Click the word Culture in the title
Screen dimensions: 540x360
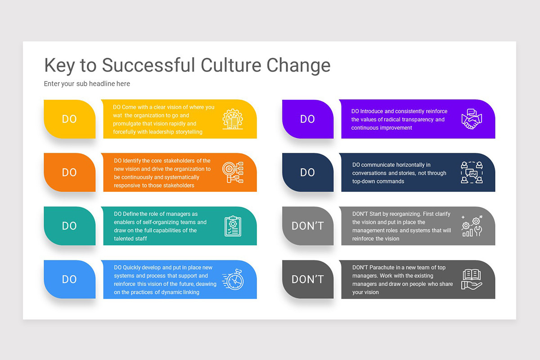coord(231,65)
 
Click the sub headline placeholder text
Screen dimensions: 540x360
coord(87,84)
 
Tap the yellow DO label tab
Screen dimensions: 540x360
coord(70,119)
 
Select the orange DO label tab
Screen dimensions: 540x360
coord(70,172)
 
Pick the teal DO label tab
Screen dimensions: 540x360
coord(70,226)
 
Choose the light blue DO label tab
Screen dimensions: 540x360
coord(70,279)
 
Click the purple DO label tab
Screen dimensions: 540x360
coord(308,119)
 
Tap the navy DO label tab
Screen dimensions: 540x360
coord(308,172)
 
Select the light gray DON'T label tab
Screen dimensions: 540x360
coord(308,226)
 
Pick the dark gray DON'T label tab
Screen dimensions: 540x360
coord(308,279)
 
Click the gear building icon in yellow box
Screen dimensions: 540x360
coord(233,119)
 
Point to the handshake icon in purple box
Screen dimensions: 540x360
coord(472,119)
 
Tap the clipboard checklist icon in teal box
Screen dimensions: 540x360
coord(233,226)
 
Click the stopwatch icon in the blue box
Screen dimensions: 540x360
coord(233,279)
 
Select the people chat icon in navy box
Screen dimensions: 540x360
coord(472,172)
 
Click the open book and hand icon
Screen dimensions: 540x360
coord(472,279)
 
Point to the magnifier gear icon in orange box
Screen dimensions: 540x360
coord(233,172)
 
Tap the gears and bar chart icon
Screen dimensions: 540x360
coord(472,226)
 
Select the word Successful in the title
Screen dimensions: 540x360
coord(148,65)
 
